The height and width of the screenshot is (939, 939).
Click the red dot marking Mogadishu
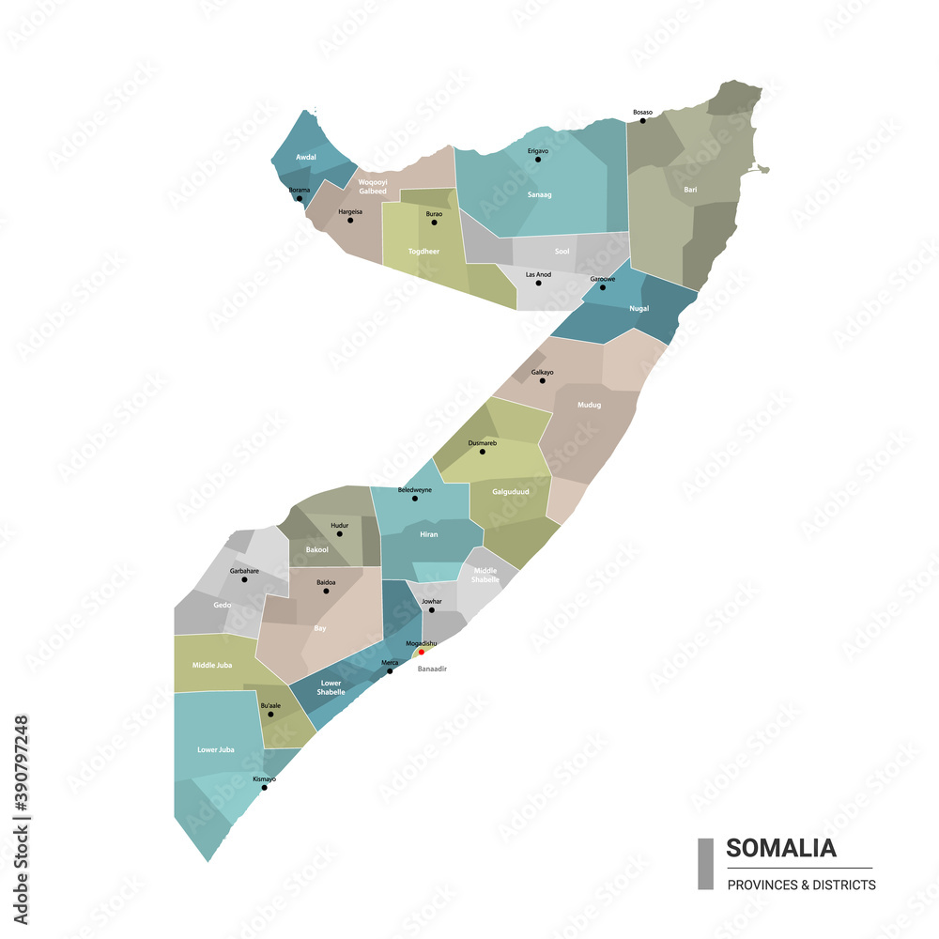[x=422, y=652]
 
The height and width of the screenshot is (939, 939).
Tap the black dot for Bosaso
[x=642, y=120]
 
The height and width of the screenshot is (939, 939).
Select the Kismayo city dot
[x=264, y=788]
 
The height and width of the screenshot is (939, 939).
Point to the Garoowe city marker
[x=603, y=287]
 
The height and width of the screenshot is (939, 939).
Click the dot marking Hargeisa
[x=350, y=221]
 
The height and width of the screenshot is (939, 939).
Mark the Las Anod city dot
[x=538, y=283]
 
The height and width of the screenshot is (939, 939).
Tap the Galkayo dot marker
[x=542, y=380]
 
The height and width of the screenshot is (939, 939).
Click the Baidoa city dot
[x=326, y=591]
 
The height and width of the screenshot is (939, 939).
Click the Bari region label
[x=690, y=190]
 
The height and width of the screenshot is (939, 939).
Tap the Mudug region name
[x=589, y=405]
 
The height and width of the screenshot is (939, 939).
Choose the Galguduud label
[x=511, y=491]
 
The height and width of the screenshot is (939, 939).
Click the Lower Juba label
[x=215, y=749]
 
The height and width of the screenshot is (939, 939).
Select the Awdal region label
[x=305, y=158]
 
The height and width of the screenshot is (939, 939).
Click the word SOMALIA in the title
[x=780, y=848]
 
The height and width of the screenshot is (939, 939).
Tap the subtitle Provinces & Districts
[x=801, y=885]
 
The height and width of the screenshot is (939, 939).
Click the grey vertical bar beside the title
[x=705, y=864]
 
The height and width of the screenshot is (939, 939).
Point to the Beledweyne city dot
[x=415, y=499]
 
